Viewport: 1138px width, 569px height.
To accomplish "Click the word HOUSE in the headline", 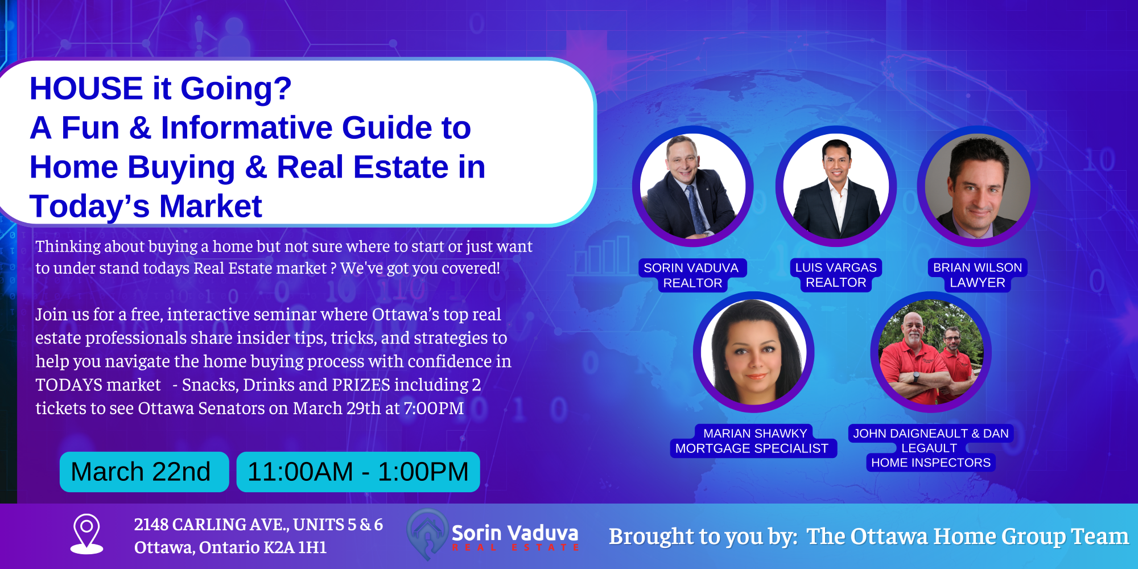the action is (x=86, y=89).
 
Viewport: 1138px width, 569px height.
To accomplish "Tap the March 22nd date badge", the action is (x=144, y=472).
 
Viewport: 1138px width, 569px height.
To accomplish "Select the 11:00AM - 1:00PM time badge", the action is (x=358, y=472).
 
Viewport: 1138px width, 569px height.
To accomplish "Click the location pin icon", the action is (x=86, y=534).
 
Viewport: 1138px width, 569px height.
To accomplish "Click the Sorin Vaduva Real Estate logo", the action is (x=493, y=534).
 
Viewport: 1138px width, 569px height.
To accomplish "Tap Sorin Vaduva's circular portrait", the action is (x=692, y=186).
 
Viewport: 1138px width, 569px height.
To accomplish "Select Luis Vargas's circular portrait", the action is (x=836, y=186).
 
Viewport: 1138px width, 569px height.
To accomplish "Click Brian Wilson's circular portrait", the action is (x=978, y=186).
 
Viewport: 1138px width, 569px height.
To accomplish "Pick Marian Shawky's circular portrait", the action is (x=753, y=352).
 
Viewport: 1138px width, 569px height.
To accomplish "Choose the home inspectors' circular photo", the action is (x=931, y=352).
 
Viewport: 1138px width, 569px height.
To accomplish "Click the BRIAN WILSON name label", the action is (x=978, y=267).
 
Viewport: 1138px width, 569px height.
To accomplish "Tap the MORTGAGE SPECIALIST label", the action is (x=752, y=448).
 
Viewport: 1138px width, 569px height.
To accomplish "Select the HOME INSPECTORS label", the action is (x=931, y=463).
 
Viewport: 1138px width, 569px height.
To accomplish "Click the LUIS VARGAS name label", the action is (x=836, y=267).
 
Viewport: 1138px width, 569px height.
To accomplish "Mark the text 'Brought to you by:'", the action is (x=703, y=537).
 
